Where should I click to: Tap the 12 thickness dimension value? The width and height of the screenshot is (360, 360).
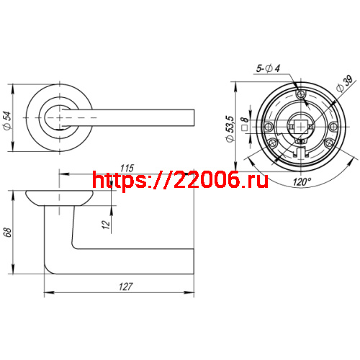click(x=106, y=225)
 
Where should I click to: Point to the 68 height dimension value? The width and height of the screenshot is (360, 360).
click(x=8, y=233)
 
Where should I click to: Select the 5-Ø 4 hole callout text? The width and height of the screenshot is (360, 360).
click(x=269, y=68)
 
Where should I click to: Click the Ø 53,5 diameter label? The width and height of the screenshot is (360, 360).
click(x=231, y=128)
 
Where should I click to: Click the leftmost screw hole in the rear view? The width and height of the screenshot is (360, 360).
click(x=269, y=126)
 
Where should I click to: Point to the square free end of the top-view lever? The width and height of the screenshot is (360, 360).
click(x=192, y=117)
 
